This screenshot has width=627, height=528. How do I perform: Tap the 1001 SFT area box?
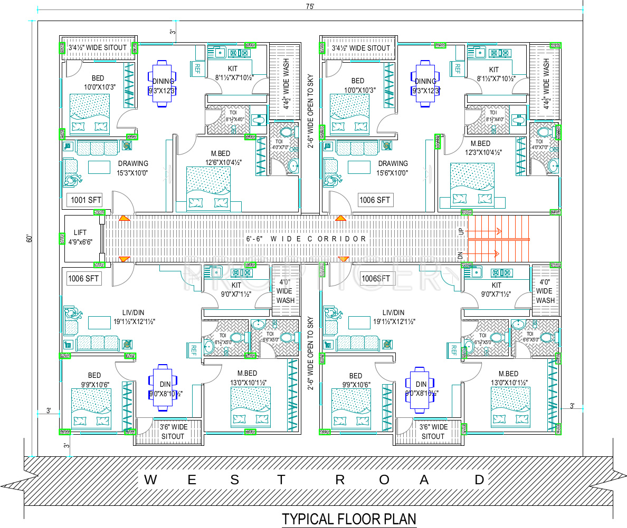click(x=84, y=200)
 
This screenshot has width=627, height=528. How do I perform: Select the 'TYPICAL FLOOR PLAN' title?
click(x=349, y=519)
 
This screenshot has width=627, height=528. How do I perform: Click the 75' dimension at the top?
click(x=309, y=6)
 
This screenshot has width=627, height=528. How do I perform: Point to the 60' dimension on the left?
click(x=30, y=238)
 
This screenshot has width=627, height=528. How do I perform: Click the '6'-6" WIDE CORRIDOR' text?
click(x=307, y=239)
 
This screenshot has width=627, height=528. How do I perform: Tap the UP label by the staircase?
click(x=461, y=231)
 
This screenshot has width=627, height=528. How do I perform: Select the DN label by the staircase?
click(x=461, y=256)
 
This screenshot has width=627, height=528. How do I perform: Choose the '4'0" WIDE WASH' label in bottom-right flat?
click(x=546, y=291)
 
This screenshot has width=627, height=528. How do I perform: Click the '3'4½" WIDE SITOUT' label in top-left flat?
click(x=98, y=47)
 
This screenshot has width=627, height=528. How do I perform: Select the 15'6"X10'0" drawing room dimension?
click(x=393, y=172)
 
